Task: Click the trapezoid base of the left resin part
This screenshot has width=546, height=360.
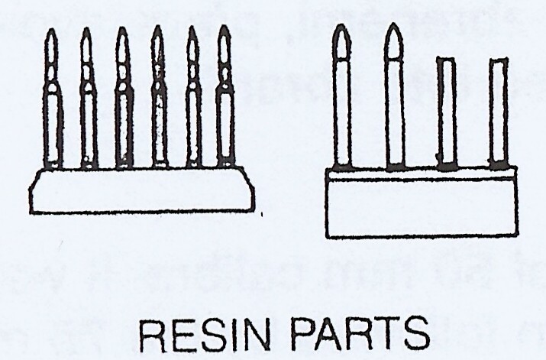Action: (143, 190)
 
